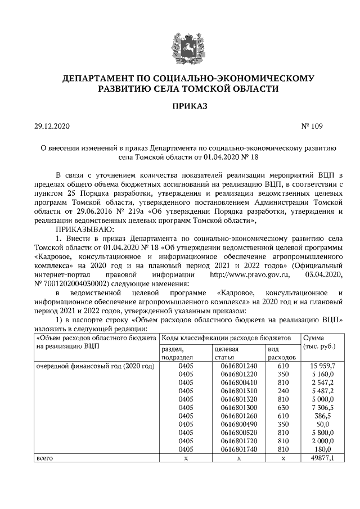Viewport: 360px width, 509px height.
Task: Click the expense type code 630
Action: (283, 407)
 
